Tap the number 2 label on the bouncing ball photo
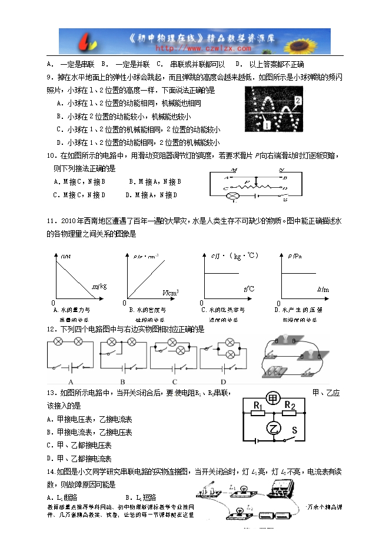[x=298, y=101]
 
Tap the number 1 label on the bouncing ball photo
[x=266, y=125]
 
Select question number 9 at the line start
[x=49, y=77]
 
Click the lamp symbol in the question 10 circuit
[x=233, y=195]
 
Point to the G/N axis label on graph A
[x=66, y=256]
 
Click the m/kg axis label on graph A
[x=99, y=286]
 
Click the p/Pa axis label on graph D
[x=296, y=256]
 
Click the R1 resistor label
[x=258, y=406]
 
